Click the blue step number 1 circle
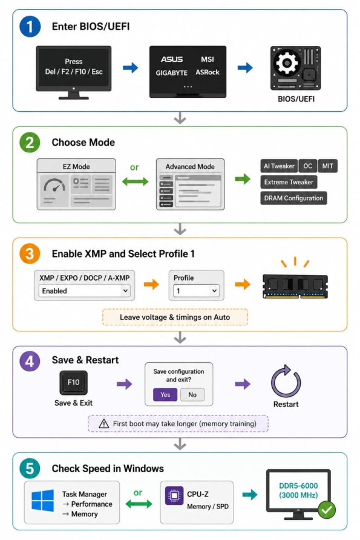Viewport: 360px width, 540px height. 30,27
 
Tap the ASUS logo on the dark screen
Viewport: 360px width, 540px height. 172,59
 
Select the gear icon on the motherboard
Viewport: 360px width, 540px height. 286,63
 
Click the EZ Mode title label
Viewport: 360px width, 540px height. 76,167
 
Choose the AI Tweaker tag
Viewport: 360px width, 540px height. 279,166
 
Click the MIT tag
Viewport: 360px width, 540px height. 327,166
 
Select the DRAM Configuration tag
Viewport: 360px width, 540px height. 293,198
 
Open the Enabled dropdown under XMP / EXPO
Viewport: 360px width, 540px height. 84,291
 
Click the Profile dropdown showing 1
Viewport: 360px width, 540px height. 196,291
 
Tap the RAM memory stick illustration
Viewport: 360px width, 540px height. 295,286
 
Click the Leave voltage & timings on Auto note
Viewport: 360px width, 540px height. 175,317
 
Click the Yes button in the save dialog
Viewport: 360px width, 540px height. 165,395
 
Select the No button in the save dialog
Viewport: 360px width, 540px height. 192,395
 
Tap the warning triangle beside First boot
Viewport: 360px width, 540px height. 103,424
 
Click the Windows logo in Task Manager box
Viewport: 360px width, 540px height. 43,501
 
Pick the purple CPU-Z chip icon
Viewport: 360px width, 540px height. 174,496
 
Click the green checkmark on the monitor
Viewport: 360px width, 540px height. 327,510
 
